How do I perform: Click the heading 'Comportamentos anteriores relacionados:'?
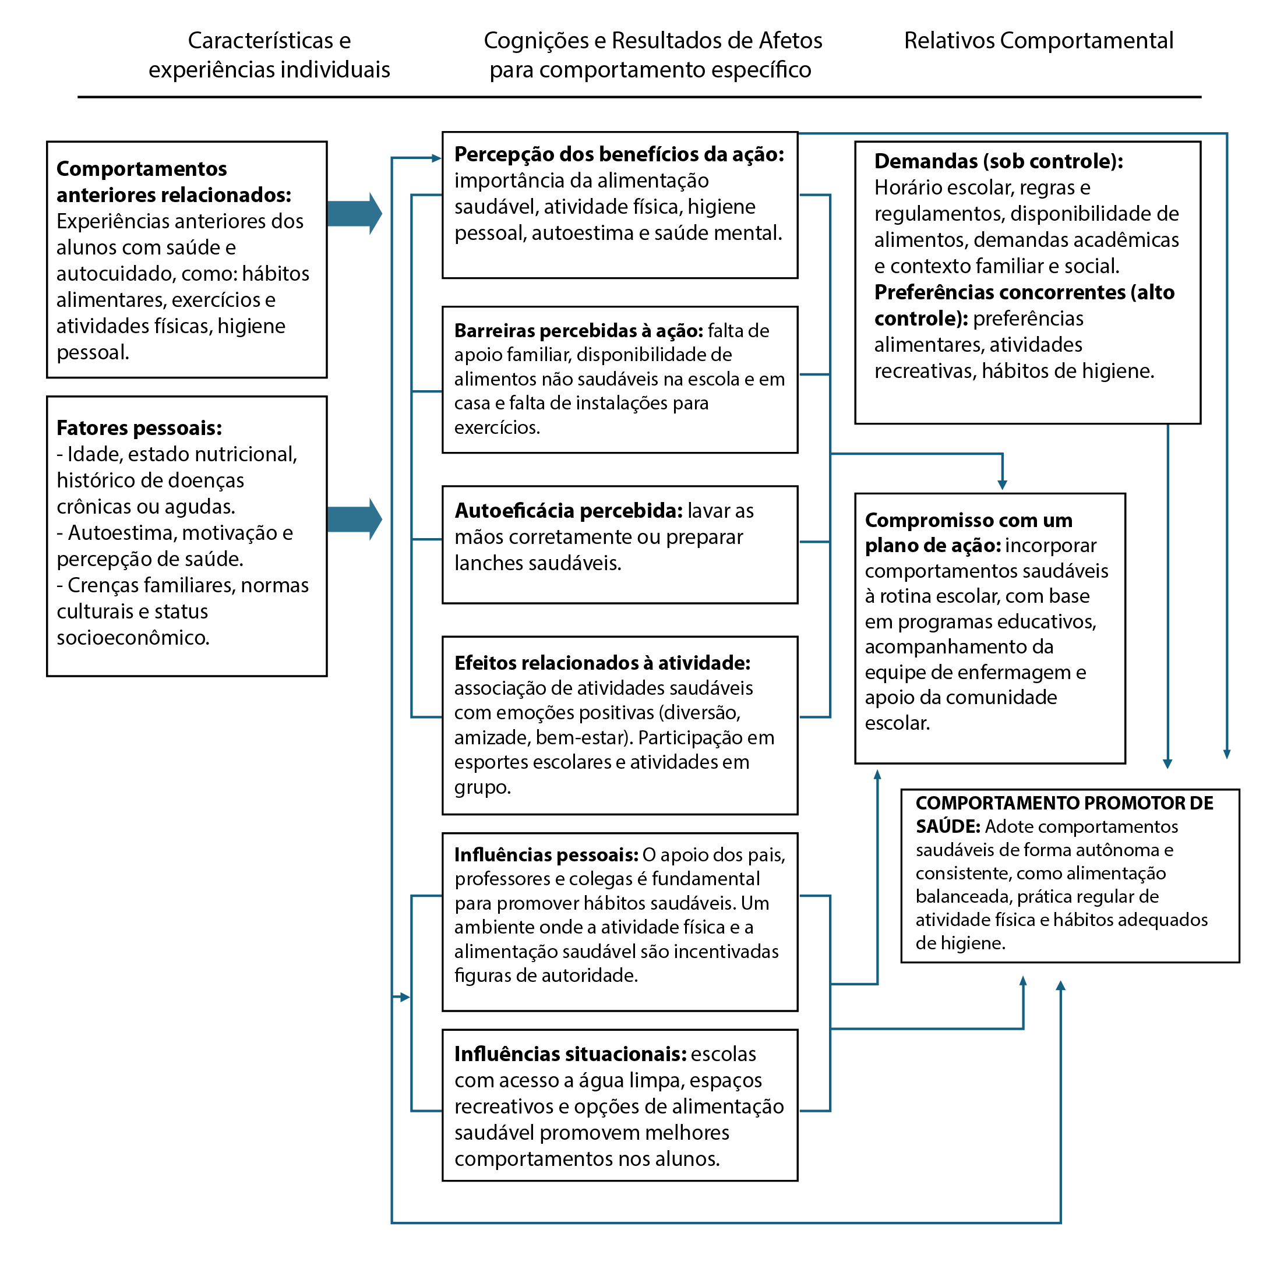[173, 182]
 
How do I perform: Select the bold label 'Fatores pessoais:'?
[139, 428]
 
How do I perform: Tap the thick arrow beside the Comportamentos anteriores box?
[354, 213]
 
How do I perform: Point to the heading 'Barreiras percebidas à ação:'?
[578, 330]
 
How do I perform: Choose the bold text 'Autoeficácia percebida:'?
[569, 511]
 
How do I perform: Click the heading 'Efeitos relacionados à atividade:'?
[602, 663]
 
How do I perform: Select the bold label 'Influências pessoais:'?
[546, 855]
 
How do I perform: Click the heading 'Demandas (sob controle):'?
[998, 161]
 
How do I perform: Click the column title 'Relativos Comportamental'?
[1038, 41]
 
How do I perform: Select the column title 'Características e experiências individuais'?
[269, 55]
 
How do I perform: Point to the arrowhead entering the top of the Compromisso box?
[1002, 485]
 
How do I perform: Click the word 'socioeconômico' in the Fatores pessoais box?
[132, 638]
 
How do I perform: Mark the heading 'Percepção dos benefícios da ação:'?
[619, 154]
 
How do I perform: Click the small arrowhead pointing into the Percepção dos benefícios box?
[436, 158]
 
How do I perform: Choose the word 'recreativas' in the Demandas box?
[924, 371]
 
